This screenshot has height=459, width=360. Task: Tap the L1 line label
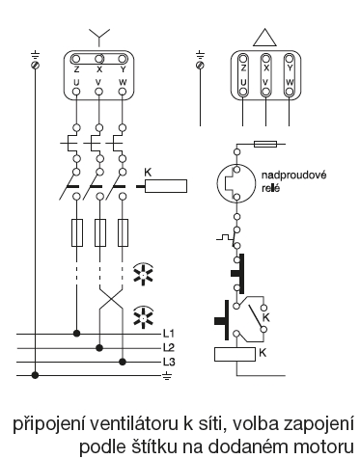coord(169,334)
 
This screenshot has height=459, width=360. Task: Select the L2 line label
coord(169,347)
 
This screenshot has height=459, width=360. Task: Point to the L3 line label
coord(169,362)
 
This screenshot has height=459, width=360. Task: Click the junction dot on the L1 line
coord(76,334)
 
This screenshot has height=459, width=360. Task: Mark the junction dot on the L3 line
coord(122,362)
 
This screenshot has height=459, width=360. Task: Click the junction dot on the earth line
coord(35,375)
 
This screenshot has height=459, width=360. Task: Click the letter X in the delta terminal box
coord(266,68)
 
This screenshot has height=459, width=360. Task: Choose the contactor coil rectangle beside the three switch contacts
coord(166,186)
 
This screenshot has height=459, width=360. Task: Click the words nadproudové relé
coord(293,181)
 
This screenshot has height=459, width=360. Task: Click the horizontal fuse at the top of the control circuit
coord(265,144)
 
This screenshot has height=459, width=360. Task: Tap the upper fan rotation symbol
coord(144,274)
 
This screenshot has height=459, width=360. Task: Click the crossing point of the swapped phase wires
coord(111,298)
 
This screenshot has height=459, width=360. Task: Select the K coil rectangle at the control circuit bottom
coord(235,354)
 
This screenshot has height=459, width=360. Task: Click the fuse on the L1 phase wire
coord(77,232)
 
